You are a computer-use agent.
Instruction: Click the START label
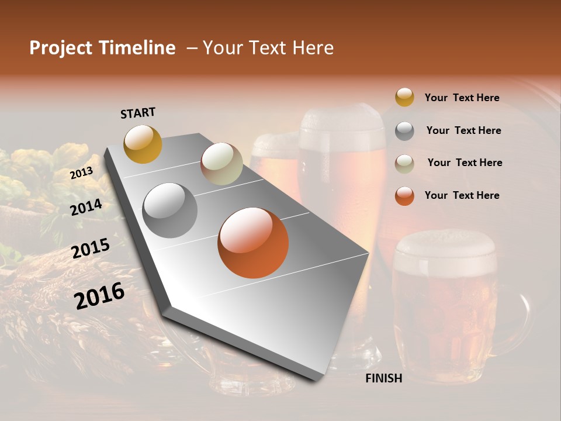point(138,113)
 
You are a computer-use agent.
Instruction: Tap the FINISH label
point(383,378)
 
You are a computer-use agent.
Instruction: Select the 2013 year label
point(81,173)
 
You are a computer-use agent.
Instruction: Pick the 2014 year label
point(86,208)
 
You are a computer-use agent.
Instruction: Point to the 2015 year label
point(91,249)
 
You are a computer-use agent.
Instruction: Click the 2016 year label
point(99,295)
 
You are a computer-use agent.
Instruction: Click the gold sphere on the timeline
point(143,144)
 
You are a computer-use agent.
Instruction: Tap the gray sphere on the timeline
point(169,210)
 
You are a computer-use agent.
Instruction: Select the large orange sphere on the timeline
point(253,243)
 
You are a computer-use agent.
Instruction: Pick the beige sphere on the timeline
point(221,164)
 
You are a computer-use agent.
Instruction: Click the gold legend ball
point(404,98)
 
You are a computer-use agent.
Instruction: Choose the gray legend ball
point(404,131)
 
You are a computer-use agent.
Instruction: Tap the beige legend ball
point(404,163)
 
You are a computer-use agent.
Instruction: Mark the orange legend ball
point(404,196)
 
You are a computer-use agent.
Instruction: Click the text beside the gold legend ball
point(462,98)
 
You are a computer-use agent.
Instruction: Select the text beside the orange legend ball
point(462,195)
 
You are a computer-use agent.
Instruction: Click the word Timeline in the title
point(137,48)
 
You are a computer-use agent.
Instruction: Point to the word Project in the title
point(61,48)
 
